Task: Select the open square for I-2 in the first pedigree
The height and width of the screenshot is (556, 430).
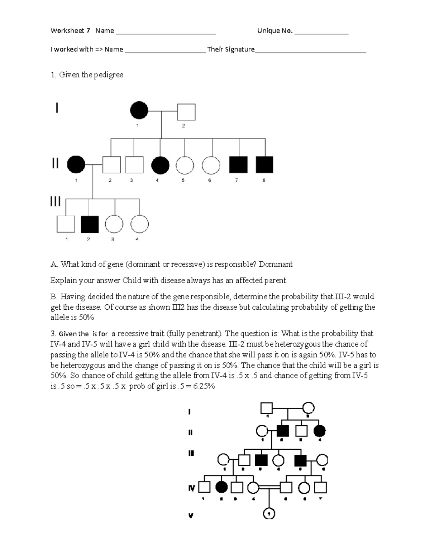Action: pyautogui.click(x=186, y=112)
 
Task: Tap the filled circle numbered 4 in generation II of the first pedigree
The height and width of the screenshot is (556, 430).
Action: pyautogui.click(x=160, y=165)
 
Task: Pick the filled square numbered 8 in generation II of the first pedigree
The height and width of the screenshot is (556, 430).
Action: pyautogui.click(x=264, y=165)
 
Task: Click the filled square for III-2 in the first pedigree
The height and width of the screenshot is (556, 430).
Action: pyautogui.click(x=90, y=224)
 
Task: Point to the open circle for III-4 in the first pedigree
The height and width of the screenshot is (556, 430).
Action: pyautogui.click(x=139, y=224)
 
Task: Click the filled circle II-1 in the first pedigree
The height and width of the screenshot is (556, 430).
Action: pyautogui.click(x=76, y=165)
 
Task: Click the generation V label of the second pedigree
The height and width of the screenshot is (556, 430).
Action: pyautogui.click(x=191, y=516)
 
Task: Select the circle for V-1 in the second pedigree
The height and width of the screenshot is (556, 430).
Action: pyautogui.click(x=269, y=514)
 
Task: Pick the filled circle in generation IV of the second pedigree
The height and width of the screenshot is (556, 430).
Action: pyautogui.click(x=222, y=487)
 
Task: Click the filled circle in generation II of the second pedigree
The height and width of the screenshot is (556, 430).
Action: pyautogui.click(x=320, y=431)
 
